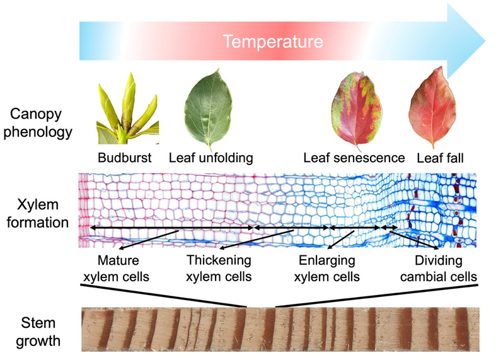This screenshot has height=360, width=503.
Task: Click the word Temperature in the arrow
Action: (x=273, y=42)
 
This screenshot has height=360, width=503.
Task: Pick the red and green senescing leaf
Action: (x=357, y=108)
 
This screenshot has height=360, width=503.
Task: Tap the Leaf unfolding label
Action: (x=211, y=158)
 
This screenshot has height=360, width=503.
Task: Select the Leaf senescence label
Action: (x=354, y=158)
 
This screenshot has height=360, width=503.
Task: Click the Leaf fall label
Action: (x=441, y=158)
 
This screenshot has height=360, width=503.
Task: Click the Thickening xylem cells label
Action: (x=219, y=268)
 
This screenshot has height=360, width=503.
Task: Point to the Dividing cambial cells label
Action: (x=438, y=268)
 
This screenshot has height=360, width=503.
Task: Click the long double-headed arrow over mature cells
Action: (x=170, y=227)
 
